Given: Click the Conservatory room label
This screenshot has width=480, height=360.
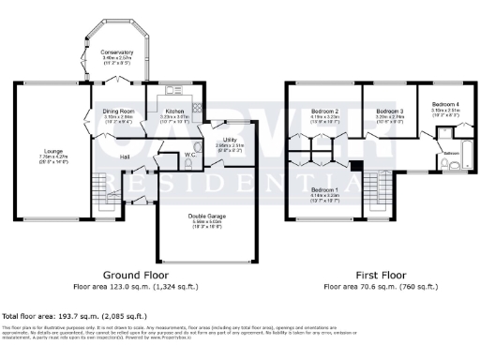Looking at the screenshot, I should tap(118, 52).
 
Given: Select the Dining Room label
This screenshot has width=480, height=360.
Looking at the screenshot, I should tap(120, 111).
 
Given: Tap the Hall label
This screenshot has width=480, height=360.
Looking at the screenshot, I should tap(125, 157).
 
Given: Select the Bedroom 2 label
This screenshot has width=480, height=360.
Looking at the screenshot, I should tap(323, 112).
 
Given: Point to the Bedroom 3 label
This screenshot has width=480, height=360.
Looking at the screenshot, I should tap(376, 112).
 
